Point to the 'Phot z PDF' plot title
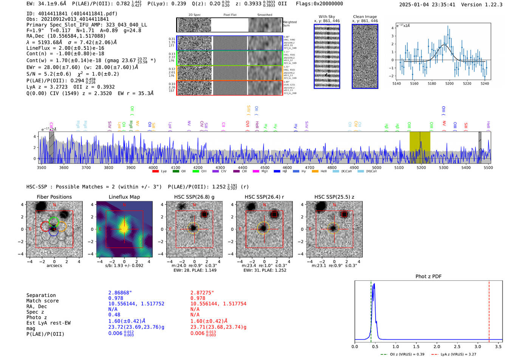428,277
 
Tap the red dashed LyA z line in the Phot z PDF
489,310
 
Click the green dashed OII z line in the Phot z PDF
371,310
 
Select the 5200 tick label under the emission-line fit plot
449,83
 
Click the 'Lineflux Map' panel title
124,197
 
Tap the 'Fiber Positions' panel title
54,197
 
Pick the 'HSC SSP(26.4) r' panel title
264,197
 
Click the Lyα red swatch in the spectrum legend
155,172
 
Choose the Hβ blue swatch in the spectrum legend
277,172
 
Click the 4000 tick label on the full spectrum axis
153,168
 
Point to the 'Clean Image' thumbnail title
365,17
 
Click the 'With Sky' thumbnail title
326,17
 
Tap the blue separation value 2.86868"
120,293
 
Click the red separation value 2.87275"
202,293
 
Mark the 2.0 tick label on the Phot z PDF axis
437,346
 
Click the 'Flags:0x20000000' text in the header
319,4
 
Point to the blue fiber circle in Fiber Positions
53,232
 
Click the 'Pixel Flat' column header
230,15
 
